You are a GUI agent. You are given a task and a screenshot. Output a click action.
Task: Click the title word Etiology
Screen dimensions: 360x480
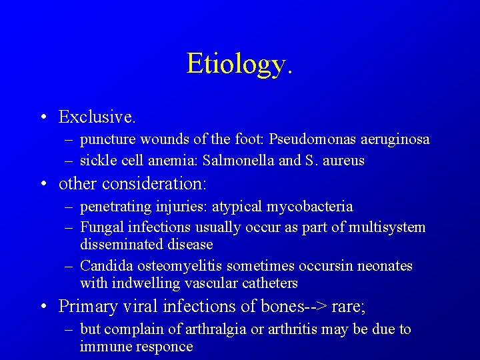coord(239,65)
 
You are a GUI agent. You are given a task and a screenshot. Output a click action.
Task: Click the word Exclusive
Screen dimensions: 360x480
coord(97,117)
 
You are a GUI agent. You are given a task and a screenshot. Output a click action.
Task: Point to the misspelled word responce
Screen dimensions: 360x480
coord(163,347)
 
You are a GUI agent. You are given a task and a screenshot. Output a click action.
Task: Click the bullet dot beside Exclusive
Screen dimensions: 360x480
coord(43,118)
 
